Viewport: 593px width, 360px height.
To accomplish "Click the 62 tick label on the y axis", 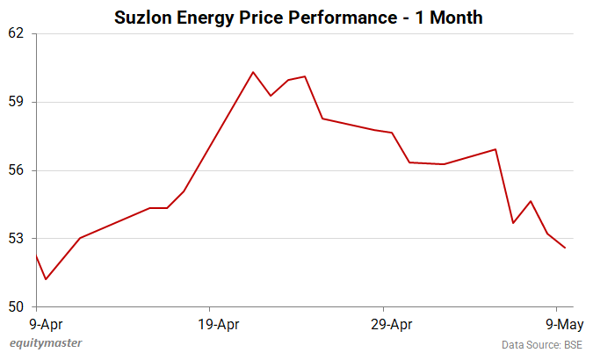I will [x=18, y=33].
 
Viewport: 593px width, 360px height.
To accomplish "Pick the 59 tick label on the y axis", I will [x=18, y=102].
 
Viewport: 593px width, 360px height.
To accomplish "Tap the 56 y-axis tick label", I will [x=18, y=170].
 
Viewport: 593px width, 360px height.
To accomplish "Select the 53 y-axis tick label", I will [x=18, y=239].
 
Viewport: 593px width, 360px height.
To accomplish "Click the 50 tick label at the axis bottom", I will [x=18, y=307].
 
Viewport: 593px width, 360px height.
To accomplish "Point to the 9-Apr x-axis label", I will [x=35, y=325].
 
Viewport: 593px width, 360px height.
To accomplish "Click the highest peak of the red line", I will [x=253, y=72].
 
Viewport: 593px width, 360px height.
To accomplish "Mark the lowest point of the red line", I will [x=45, y=279].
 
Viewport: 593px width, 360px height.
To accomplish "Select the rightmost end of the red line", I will [x=565, y=248].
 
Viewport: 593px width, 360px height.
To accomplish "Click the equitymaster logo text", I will [x=46, y=343].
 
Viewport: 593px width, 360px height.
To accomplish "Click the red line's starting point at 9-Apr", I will [x=36, y=256].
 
